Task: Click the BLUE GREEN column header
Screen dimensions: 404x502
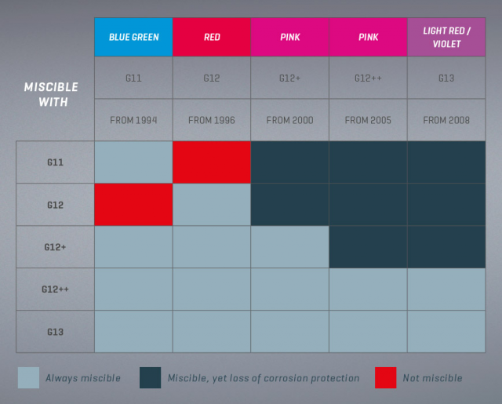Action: (x=133, y=37)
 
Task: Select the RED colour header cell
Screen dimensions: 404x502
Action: (x=212, y=37)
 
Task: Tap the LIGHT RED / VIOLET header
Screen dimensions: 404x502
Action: (x=446, y=37)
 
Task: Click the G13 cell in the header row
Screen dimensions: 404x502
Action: (x=446, y=78)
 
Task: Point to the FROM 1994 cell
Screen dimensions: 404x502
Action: (x=133, y=120)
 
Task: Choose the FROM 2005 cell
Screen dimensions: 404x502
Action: (x=368, y=120)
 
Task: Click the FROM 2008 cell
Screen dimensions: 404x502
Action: (x=446, y=120)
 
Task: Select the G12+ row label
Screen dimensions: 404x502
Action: (x=55, y=247)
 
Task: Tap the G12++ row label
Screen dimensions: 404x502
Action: (x=55, y=289)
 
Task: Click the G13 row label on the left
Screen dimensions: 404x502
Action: (x=55, y=332)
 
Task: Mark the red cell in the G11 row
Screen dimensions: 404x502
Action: (x=212, y=162)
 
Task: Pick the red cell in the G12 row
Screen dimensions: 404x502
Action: (x=133, y=205)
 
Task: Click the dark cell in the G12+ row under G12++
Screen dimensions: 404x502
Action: (x=368, y=247)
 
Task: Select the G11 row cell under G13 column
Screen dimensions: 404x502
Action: (x=446, y=162)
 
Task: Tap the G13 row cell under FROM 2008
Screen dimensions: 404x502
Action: (x=446, y=332)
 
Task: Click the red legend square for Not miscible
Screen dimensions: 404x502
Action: (x=385, y=377)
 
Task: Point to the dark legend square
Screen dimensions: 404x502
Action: (x=150, y=377)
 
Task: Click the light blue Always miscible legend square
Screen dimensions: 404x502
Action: (x=28, y=377)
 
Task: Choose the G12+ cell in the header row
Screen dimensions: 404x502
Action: (x=290, y=78)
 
